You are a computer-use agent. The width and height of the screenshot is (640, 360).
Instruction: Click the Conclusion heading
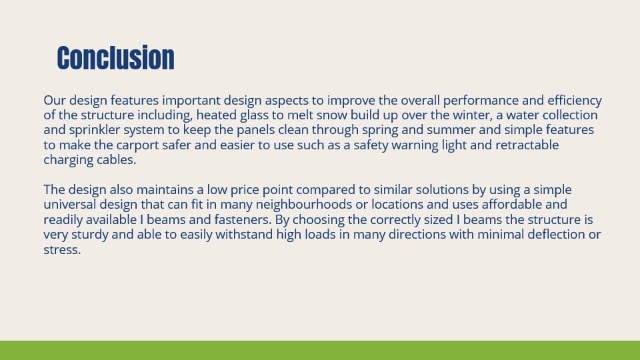(115, 58)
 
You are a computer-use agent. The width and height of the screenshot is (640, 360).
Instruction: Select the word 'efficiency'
(575, 101)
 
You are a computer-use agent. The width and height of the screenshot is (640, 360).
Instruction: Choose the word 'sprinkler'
(91, 130)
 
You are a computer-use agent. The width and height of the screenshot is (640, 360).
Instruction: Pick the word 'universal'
(71, 205)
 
